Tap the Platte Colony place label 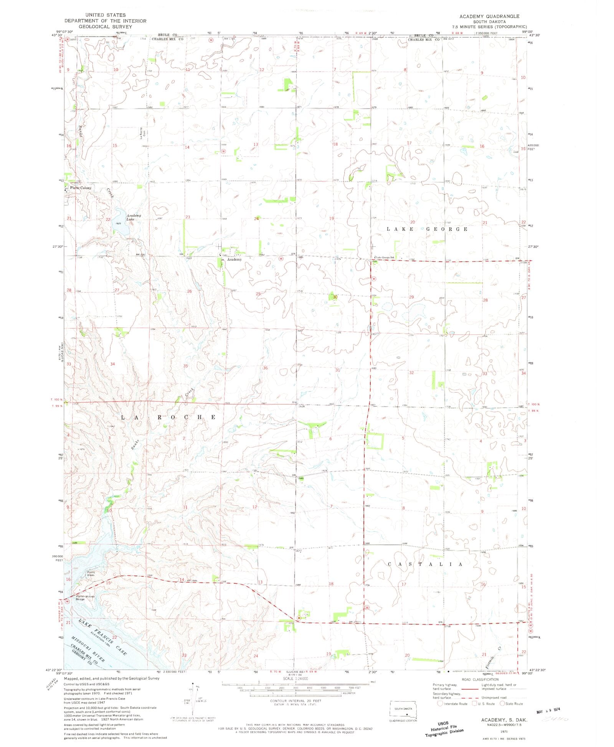[81, 188]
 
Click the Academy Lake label [134, 217]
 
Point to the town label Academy [234, 260]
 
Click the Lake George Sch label [385, 257]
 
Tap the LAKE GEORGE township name [427, 229]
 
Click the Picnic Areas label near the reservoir [91, 574]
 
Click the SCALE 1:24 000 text [295, 678]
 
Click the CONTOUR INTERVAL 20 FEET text [295, 701]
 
